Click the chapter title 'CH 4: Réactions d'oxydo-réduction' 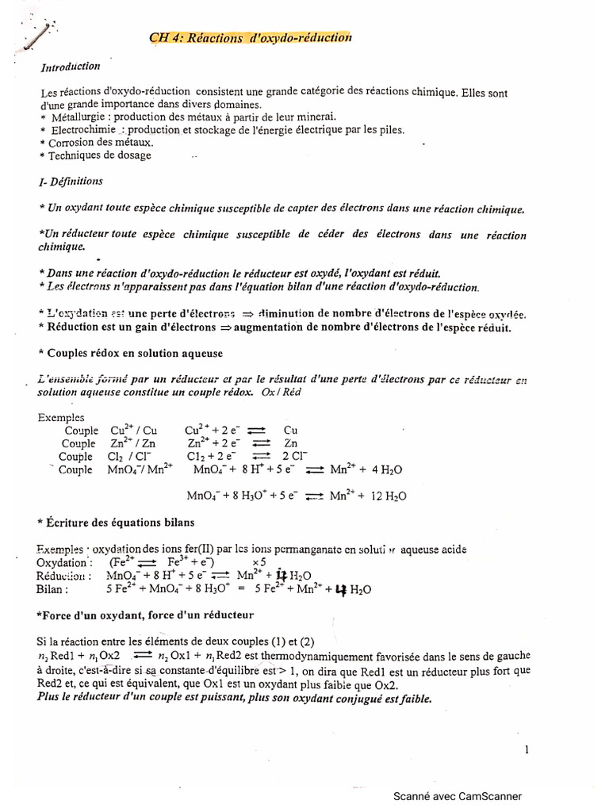[x=250, y=37]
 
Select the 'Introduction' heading [x=71, y=67]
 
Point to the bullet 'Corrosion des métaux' [x=101, y=143]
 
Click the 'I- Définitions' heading [x=71, y=182]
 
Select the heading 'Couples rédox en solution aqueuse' [x=135, y=353]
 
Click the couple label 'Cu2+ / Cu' [x=132, y=431]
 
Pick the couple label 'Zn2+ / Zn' [x=132, y=443]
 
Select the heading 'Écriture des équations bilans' [x=120, y=523]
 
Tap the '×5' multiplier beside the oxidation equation [x=259, y=562]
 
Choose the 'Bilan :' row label [x=52, y=589]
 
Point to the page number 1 [x=527, y=749]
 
